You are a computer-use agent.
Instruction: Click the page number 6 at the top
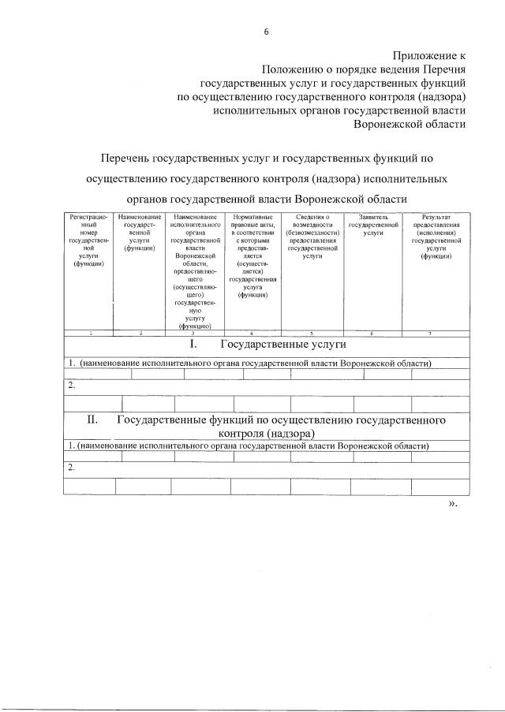click(x=266, y=32)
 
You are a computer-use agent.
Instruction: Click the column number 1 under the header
click(x=90, y=334)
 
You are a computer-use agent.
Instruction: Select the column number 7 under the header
click(x=429, y=334)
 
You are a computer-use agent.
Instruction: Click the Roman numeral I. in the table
click(x=195, y=345)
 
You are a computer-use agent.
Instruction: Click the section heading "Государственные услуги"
click(x=283, y=345)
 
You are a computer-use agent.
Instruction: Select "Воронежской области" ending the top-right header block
click(x=410, y=124)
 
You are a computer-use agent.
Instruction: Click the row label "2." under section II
click(x=71, y=468)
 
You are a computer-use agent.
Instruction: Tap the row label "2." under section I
click(x=71, y=385)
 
